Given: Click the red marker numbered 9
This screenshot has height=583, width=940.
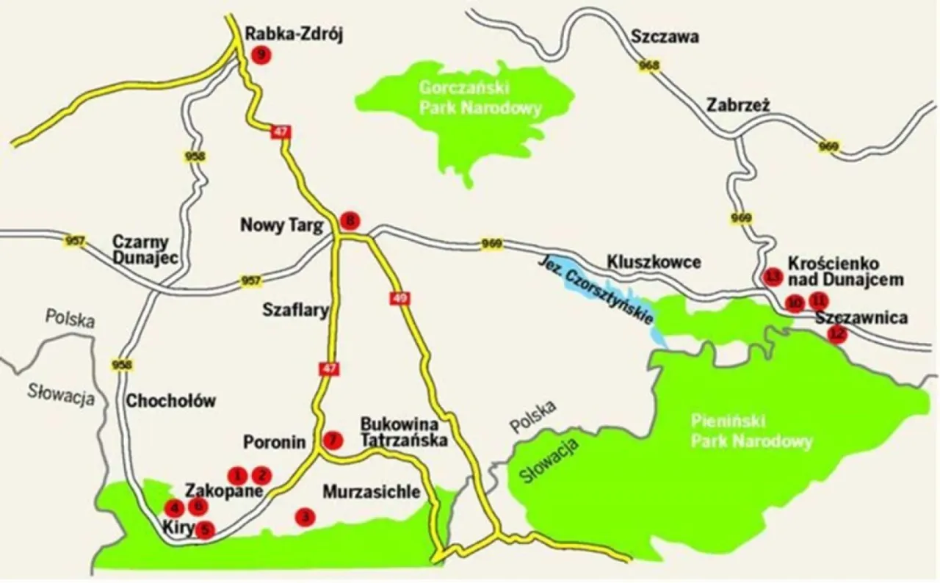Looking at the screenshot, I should pyautogui.click(x=260, y=54).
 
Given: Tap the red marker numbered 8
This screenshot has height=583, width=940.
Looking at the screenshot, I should pyautogui.click(x=351, y=220).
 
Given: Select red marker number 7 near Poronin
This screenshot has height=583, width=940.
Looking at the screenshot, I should pyautogui.click(x=333, y=440).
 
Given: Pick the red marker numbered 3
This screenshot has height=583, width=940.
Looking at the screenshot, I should pyautogui.click(x=304, y=517).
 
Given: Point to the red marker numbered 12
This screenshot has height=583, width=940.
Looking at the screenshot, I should pyautogui.click(x=837, y=334).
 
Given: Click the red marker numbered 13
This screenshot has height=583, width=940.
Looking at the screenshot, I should pyautogui.click(x=772, y=277).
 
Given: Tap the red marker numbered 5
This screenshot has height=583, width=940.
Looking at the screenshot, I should pyautogui.click(x=206, y=528).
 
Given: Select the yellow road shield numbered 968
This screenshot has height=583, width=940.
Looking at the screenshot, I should pyautogui.click(x=649, y=66).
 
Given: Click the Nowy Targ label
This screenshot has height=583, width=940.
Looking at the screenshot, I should pyautogui.click(x=282, y=225).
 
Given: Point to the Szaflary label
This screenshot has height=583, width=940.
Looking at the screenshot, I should pyautogui.click(x=295, y=311).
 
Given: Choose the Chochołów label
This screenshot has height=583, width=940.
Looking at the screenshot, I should pyautogui.click(x=171, y=401).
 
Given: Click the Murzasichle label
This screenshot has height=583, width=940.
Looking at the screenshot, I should pyautogui.click(x=372, y=491).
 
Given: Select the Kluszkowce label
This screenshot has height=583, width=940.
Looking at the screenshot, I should pyautogui.click(x=654, y=262).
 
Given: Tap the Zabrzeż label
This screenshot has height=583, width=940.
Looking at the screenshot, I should pyautogui.click(x=738, y=105).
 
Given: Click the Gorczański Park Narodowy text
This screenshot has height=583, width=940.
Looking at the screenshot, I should pyautogui.click(x=480, y=98).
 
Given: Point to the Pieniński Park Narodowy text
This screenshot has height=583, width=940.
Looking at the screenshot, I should pyautogui.click(x=751, y=432).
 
